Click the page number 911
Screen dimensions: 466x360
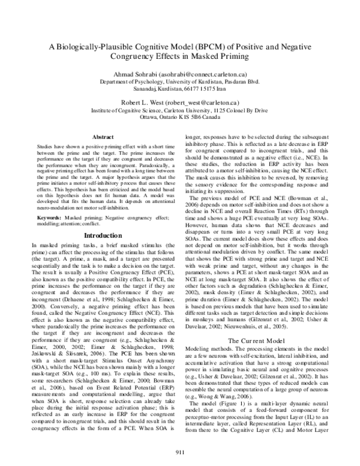tap(180, 452)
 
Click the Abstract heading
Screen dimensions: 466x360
tap(101, 138)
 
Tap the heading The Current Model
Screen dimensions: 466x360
tap(259, 340)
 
